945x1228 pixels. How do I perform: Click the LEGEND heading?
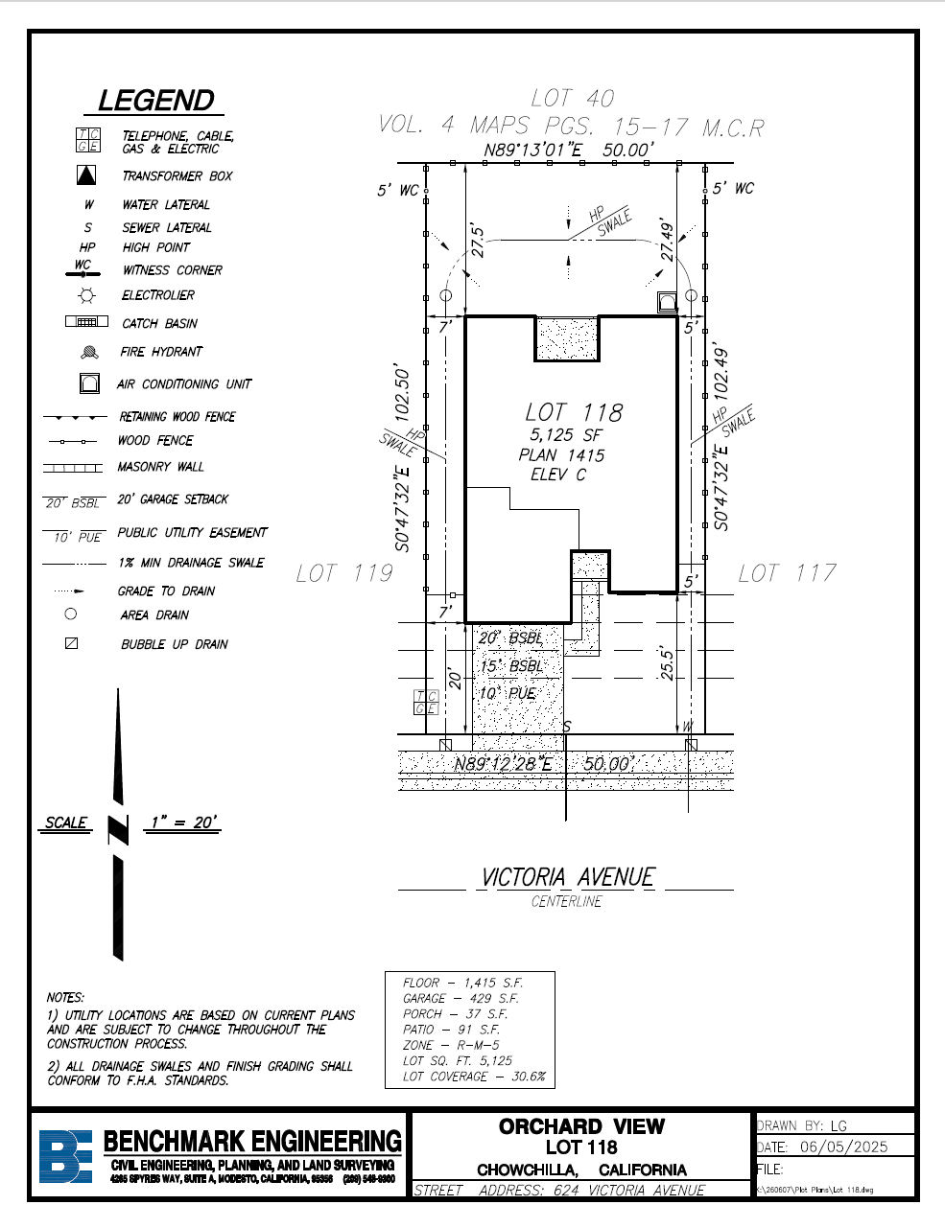click(155, 101)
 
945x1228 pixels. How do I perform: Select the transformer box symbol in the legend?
click(86, 175)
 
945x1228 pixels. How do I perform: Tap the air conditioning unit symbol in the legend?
click(89, 383)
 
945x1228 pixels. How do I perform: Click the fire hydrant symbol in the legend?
click(89, 352)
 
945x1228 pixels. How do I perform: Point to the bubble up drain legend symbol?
click(71, 644)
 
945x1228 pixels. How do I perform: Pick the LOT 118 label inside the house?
click(574, 412)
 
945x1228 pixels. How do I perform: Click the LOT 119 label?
click(344, 573)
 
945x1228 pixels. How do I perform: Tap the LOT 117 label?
click(787, 573)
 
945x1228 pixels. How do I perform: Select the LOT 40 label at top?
click(572, 98)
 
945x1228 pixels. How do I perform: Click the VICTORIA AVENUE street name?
click(568, 877)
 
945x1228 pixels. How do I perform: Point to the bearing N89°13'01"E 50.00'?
click(568, 150)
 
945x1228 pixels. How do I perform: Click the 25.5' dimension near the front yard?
click(667, 662)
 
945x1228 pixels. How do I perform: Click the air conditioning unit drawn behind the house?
click(667, 303)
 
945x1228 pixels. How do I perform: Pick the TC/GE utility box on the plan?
click(426, 703)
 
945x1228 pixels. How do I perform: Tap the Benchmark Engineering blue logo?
click(65, 1156)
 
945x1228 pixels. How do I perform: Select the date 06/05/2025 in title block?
click(843, 1147)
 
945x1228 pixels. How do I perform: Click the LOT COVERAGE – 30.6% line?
click(474, 1077)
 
